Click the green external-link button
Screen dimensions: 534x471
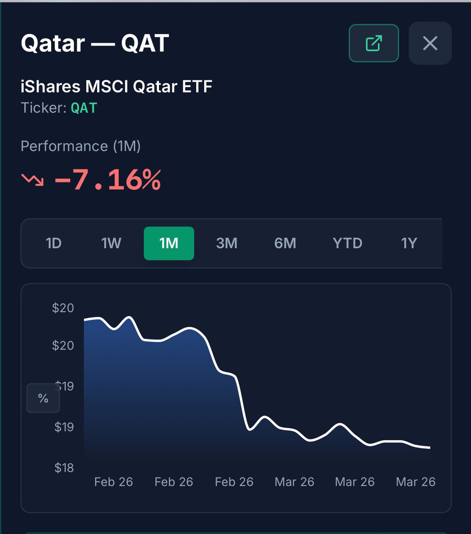point(374,43)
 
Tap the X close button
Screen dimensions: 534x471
point(430,43)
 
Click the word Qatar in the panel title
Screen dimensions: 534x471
point(52,44)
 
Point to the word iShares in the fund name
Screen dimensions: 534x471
point(50,86)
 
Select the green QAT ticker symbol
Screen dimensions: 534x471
point(84,108)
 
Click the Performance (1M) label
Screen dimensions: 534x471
point(81,146)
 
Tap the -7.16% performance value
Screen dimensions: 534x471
point(107,180)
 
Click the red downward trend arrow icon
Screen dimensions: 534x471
point(32,180)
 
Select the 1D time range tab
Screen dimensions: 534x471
point(53,243)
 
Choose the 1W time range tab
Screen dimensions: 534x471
point(111,243)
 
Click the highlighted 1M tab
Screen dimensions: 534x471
point(169,243)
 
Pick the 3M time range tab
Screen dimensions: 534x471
point(226,243)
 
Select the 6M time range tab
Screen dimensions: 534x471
point(285,243)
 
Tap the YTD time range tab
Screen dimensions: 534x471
point(347,243)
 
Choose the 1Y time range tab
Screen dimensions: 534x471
point(409,243)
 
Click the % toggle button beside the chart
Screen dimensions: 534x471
point(43,398)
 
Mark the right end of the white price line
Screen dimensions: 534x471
point(430,448)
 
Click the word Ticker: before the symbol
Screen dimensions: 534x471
point(44,108)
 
